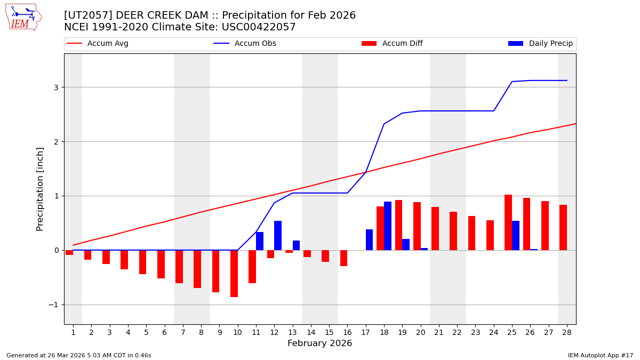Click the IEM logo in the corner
click(23, 17)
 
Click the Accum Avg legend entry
click(107, 44)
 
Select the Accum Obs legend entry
click(255, 44)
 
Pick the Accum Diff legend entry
click(402, 44)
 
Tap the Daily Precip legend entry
click(550, 44)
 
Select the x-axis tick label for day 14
click(311, 332)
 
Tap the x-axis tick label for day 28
click(567, 332)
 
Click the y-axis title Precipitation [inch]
click(40, 189)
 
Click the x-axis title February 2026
click(319, 343)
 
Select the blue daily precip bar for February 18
click(388, 226)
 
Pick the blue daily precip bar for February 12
click(278, 235)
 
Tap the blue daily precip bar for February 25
click(516, 235)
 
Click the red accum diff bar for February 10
click(234, 274)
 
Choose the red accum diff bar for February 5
click(142, 262)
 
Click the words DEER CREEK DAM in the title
click(153, 15)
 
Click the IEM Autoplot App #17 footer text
click(601, 355)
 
